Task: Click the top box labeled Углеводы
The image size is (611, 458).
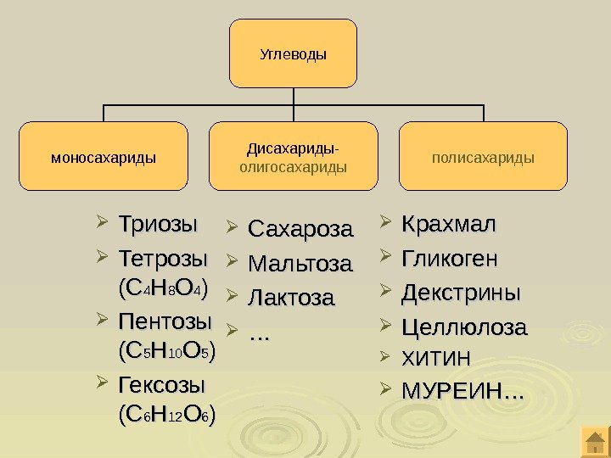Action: pos(293,54)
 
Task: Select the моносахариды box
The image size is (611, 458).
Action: pos(104,156)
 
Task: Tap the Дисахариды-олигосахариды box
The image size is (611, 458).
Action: pos(293,156)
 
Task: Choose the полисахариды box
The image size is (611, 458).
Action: pos(483,156)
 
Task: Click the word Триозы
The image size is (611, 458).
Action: pos(158,226)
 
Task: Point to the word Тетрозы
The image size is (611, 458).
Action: pos(162,257)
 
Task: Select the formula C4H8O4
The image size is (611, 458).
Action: pos(165,282)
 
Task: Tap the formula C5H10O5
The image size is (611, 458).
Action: pos(167,349)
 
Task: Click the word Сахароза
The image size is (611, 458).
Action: pos(300,230)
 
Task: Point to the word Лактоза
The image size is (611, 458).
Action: pos(291,299)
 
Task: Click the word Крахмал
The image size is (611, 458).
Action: pos(448,226)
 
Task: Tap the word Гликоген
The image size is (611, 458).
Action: pos(450,258)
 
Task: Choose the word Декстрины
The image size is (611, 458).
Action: pos(461,293)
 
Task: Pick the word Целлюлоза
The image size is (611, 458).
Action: pos(464,327)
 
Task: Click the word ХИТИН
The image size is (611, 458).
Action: pos(435,358)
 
